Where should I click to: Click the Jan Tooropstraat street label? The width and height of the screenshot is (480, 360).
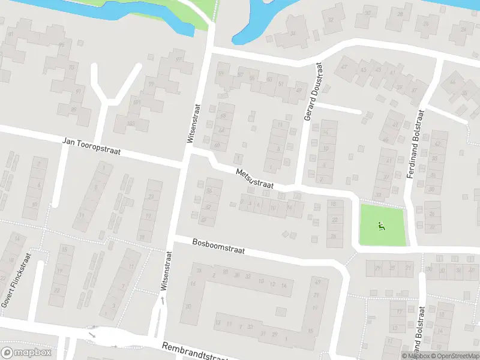coord(92,146)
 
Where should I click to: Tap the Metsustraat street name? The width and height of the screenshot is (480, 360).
coord(254,179)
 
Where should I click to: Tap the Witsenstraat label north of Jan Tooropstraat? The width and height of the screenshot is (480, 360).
coord(193,123)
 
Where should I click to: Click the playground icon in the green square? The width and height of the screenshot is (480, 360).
coord(380,226)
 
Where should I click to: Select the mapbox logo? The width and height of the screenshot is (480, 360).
coord(26,353)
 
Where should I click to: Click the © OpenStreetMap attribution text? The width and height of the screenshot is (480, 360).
coord(455,356)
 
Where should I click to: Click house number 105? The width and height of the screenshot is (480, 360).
coord(131,123)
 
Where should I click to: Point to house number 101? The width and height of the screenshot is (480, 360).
coord(136,102)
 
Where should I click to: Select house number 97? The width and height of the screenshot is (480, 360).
coord(178,59)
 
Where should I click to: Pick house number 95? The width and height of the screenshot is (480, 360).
coord(62,45)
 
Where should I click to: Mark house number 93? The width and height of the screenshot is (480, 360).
coord(71,67)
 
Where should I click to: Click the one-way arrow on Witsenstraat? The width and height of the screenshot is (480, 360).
coord(162,298)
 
